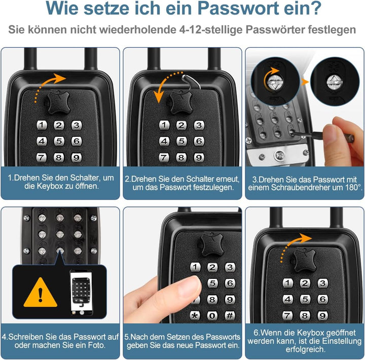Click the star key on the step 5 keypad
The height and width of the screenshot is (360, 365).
point(195,316)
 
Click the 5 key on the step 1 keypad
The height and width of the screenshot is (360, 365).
point(59,141)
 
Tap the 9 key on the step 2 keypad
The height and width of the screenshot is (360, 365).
point(199,158)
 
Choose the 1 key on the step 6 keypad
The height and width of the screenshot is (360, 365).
point(287,283)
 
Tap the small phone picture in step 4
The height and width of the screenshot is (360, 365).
point(81,291)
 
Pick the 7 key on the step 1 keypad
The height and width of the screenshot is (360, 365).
point(42,158)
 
